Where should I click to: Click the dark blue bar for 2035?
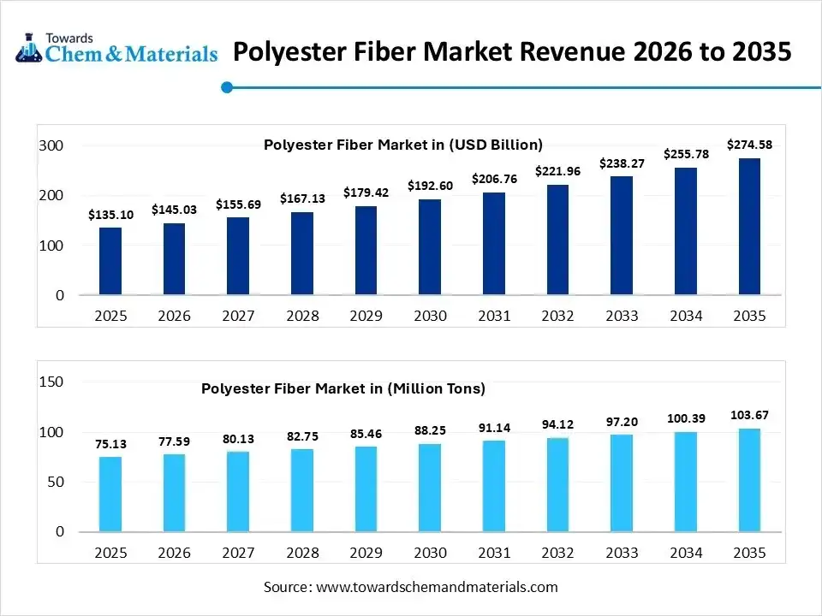pyautogui.click(x=749, y=227)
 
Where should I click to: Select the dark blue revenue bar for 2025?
pyautogui.click(x=110, y=261)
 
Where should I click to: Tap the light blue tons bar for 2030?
pyautogui.click(x=430, y=488)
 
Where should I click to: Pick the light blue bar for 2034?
pyautogui.click(x=685, y=482)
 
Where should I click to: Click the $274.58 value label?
pyautogui.click(x=749, y=145)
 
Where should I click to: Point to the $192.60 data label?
pyautogui.click(x=430, y=185)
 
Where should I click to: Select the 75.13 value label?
pyautogui.click(x=110, y=444)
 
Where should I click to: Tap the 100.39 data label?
pyautogui.click(x=685, y=418)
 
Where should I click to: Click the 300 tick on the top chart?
pyautogui.click(x=51, y=146)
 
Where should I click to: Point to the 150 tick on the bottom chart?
pyautogui.click(x=51, y=382)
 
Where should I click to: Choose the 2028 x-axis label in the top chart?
pyautogui.click(x=302, y=316)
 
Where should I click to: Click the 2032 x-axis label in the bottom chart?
pyautogui.click(x=557, y=553)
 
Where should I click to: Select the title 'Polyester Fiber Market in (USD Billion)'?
pyautogui.click(x=402, y=145)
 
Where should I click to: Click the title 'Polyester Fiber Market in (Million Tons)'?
pyautogui.click(x=342, y=388)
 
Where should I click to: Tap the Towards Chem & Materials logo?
pyautogui.click(x=116, y=48)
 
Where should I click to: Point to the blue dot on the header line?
pyautogui.click(x=227, y=86)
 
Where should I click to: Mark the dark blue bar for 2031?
pyautogui.click(x=493, y=244)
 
